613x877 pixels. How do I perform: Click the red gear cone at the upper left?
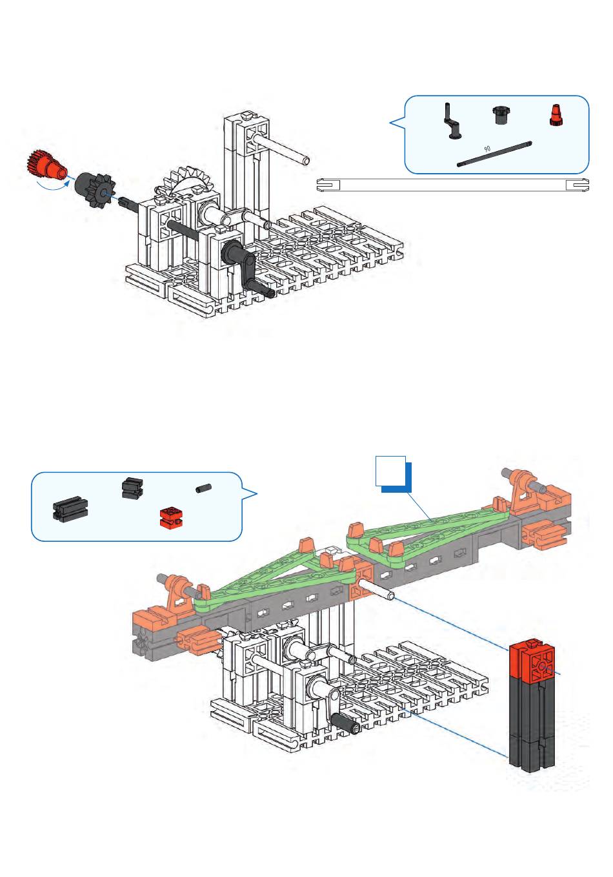[48, 166]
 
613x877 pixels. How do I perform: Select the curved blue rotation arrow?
[53, 184]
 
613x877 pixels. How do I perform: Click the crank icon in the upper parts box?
[453, 121]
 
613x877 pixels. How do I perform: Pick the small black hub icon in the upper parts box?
[500, 115]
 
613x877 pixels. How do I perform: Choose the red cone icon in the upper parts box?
[555, 116]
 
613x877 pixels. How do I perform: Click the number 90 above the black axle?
[487, 149]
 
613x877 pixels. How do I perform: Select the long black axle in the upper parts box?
[494, 154]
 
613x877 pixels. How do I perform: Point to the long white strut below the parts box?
[452, 185]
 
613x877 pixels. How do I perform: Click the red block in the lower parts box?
[172, 517]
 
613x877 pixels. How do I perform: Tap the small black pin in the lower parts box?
[203, 489]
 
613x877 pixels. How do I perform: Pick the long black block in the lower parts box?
[70, 508]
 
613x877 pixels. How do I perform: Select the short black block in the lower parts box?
[132, 488]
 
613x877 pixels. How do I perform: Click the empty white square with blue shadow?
[393, 474]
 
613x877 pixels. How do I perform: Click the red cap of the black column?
[532, 660]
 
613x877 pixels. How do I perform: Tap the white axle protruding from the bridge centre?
[376, 590]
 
